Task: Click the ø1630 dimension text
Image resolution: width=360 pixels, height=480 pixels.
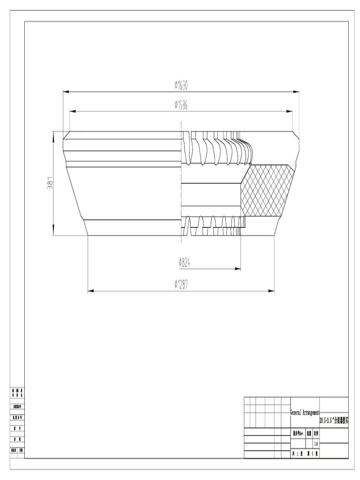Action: point(181,85)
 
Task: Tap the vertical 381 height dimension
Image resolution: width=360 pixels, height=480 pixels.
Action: point(49,183)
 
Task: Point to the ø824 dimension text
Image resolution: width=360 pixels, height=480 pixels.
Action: point(185,262)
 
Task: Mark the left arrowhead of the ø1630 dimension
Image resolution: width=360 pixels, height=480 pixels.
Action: point(66,92)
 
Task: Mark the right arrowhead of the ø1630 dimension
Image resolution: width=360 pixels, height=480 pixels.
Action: point(297,92)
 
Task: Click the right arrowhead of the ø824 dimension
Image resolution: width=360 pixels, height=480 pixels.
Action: point(238,269)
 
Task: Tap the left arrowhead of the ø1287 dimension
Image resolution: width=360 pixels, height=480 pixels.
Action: point(90,291)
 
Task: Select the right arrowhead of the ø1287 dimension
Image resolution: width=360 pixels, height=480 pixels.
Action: point(271,291)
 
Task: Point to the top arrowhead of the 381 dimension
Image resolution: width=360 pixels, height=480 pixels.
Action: point(53,135)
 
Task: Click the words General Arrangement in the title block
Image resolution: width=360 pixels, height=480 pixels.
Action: point(305,412)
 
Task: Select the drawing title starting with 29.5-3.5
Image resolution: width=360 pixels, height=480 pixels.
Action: point(334,421)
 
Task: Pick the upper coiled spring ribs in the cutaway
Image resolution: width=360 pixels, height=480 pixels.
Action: point(218,148)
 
